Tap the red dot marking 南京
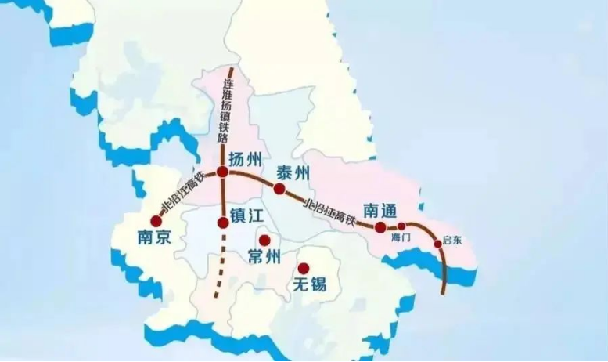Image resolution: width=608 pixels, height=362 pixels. (x=156, y=222)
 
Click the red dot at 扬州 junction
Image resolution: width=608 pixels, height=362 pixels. (x=223, y=172)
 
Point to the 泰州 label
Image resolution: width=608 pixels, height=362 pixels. (x=294, y=172)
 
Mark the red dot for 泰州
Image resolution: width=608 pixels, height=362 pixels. (x=279, y=189)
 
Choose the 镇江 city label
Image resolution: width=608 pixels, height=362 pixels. (x=249, y=214)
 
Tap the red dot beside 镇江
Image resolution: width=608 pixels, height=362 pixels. (x=223, y=223)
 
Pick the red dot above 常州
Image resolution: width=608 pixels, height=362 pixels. (x=264, y=241)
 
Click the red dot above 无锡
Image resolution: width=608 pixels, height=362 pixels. (x=303, y=268)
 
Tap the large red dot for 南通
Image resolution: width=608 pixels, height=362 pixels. (x=380, y=227)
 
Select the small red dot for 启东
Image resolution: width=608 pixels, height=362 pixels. (x=437, y=244)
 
